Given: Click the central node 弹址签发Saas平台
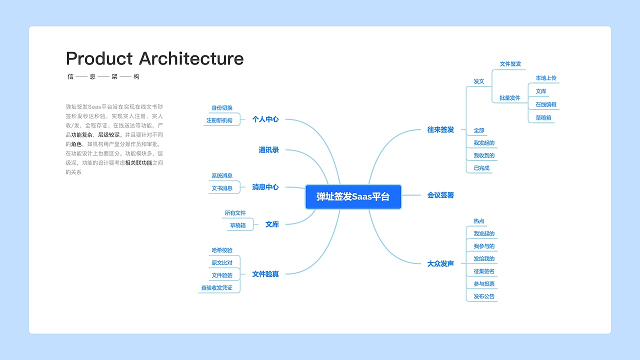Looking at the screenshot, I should click(353, 196).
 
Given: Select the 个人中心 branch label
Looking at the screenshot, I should click(265, 119).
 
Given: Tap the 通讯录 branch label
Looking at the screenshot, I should click(268, 150).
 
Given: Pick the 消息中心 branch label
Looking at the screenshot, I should click(265, 187).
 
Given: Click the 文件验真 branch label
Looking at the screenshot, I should click(265, 274).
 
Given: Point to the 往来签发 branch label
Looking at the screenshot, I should click(440, 129).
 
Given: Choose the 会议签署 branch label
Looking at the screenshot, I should click(440, 195).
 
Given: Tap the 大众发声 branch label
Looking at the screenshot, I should click(440, 263).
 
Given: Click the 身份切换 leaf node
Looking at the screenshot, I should click(221, 108).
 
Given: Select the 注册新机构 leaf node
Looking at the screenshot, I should click(219, 120).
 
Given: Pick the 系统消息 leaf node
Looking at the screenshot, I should click(221, 176).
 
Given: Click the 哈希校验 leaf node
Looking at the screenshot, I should click(221, 250).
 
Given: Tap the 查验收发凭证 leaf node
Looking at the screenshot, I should click(216, 288).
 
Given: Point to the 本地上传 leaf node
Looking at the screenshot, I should click(545, 78).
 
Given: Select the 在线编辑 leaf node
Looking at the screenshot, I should click(545, 105).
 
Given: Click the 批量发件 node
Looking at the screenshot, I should click(509, 98).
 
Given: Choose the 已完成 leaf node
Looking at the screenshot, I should click(481, 168).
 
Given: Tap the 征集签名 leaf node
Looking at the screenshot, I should click(483, 271).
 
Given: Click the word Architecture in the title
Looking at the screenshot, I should click(191, 58).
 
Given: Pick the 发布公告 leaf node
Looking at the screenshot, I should click(483, 296).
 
